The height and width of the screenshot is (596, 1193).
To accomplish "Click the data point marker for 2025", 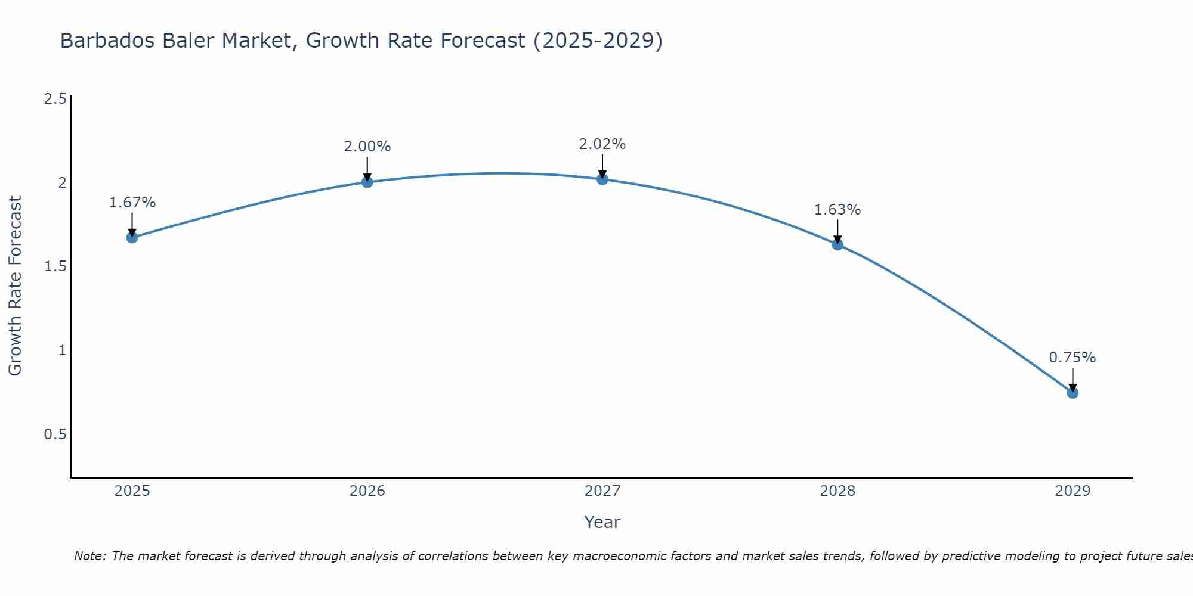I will tap(132, 237).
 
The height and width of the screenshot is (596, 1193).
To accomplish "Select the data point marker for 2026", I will tap(367, 182).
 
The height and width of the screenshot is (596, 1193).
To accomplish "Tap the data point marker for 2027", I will tap(602, 179).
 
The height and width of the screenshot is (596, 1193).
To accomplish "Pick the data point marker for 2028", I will tap(837, 244).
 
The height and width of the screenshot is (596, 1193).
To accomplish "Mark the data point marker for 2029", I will tap(1073, 392).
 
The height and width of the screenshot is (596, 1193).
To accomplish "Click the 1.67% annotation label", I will tap(132, 203).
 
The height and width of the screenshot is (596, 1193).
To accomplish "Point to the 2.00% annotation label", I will tap(367, 147).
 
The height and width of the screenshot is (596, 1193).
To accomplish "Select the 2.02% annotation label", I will tap(602, 144).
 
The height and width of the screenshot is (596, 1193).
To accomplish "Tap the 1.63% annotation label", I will tap(837, 210).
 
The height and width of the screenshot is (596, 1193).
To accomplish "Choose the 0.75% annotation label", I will tap(1073, 358).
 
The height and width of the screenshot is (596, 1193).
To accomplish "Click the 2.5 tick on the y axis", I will tap(55, 99).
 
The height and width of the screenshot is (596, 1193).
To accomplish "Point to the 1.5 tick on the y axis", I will tap(55, 266).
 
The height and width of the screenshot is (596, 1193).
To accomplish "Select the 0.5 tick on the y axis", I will tap(55, 434).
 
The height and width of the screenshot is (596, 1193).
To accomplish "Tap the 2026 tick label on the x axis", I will tap(367, 491).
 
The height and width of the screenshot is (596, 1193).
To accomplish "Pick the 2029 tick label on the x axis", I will tap(1073, 491).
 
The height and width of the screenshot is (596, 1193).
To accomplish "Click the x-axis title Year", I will tap(602, 522).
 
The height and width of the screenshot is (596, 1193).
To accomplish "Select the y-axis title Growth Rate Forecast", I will tap(16, 286).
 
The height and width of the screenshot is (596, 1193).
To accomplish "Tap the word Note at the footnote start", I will tap(89, 556).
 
